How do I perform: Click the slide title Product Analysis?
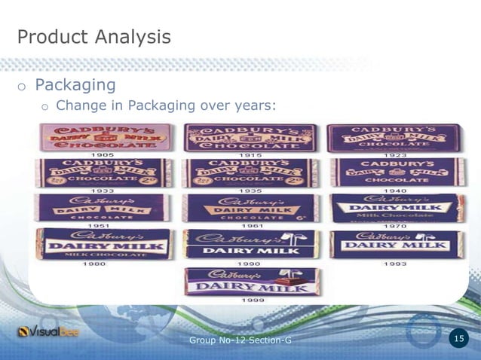click(93, 36)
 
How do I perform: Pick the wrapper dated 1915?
click(250, 137)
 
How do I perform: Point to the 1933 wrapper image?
click(103, 172)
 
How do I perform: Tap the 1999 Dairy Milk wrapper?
click(252, 280)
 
